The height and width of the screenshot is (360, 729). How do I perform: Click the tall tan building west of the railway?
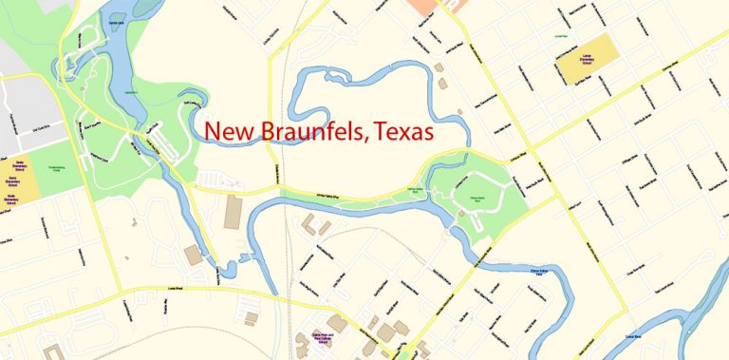[x=233, y=211]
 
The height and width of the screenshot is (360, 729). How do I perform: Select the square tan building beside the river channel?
[x=194, y=255]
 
